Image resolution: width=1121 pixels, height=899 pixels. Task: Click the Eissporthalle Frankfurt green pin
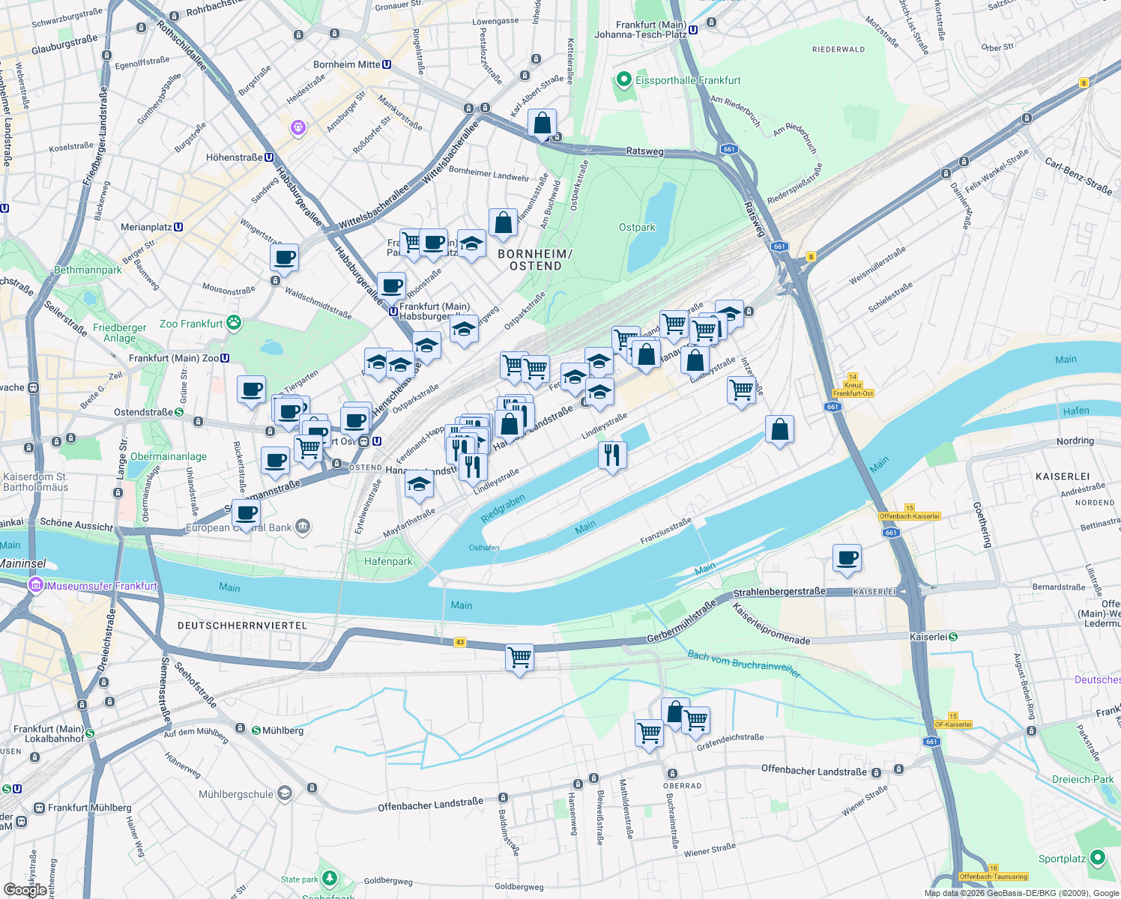pos(623,79)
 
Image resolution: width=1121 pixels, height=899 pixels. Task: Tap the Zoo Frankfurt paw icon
pos(234,323)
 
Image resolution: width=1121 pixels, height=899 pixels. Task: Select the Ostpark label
pos(637,227)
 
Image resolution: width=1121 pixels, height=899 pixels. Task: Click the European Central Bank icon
pos(302,527)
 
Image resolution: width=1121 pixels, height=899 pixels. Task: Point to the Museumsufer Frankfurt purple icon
pos(35,585)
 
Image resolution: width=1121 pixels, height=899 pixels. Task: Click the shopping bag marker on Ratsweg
pos(542,124)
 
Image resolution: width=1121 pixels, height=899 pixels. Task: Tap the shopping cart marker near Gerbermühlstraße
pos(519,659)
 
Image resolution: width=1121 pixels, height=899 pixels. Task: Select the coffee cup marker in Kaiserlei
pos(847,558)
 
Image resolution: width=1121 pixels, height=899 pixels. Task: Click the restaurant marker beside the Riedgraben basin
pos(612,455)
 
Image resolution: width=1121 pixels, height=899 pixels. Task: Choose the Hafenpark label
pos(388,561)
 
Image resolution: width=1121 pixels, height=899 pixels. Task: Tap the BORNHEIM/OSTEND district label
pos(535,260)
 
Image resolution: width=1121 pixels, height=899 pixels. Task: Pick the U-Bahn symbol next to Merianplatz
pos(178,227)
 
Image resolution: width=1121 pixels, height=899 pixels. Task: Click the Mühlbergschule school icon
pos(284,793)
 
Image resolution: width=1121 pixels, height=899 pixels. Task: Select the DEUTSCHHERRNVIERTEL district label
pos(242,625)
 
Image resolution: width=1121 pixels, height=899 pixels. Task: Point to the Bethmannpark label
pos(88,270)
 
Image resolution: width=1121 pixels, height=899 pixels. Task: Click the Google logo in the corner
pos(25,889)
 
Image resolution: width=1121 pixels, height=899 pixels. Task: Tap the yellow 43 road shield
pos(459,642)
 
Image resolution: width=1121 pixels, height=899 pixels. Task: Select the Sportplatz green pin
pos(1098,858)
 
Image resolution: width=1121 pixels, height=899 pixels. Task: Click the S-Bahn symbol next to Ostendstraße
pos(179,412)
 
